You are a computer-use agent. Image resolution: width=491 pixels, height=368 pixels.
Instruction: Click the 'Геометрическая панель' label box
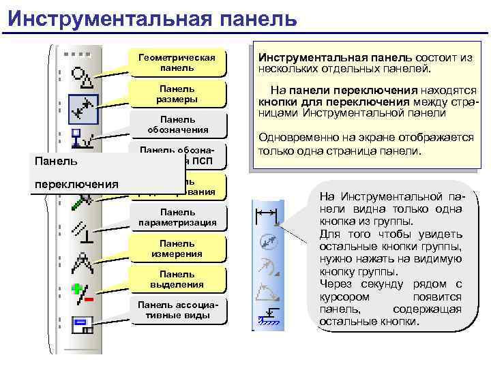point(177,63)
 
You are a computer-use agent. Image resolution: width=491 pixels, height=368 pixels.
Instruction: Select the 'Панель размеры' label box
point(177,94)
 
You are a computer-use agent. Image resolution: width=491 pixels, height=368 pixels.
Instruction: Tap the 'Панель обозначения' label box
point(177,125)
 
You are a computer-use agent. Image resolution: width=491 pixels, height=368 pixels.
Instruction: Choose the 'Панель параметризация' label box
point(177,217)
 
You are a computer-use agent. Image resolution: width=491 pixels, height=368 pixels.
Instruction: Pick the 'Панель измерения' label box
point(177,249)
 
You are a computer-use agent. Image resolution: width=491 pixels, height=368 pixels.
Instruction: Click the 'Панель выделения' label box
point(177,279)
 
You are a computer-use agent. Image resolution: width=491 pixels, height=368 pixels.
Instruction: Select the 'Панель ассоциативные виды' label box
point(177,310)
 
